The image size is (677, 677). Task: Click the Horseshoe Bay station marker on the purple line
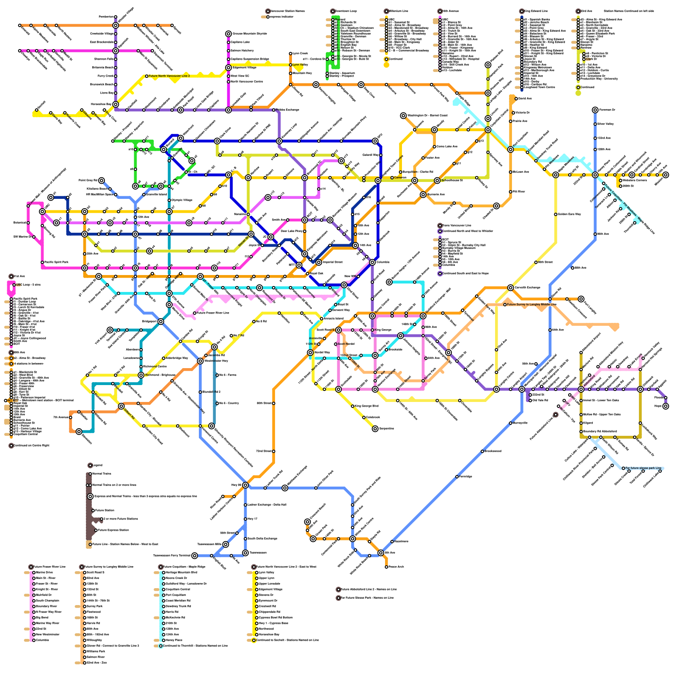(x=116, y=104)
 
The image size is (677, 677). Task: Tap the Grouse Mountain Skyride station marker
(x=228, y=33)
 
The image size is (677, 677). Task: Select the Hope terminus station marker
(x=666, y=406)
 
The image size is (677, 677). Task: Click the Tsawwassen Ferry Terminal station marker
(x=195, y=556)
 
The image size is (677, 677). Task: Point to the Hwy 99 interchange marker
(x=245, y=485)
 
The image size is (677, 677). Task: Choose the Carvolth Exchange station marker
(x=511, y=288)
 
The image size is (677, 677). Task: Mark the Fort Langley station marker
(x=581, y=299)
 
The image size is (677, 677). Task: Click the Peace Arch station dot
(x=386, y=567)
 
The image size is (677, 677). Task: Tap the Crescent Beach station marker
(x=308, y=522)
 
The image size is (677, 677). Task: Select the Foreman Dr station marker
(x=595, y=110)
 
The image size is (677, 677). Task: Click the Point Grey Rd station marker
(x=102, y=181)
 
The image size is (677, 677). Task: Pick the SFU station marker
(x=375, y=141)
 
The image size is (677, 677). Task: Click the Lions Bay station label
(x=107, y=93)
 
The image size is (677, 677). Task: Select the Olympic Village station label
(x=182, y=200)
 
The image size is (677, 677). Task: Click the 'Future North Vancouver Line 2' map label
(x=169, y=76)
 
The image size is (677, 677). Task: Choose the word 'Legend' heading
(x=97, y=465)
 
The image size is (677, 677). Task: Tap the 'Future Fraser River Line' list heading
(x=50, y=567)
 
